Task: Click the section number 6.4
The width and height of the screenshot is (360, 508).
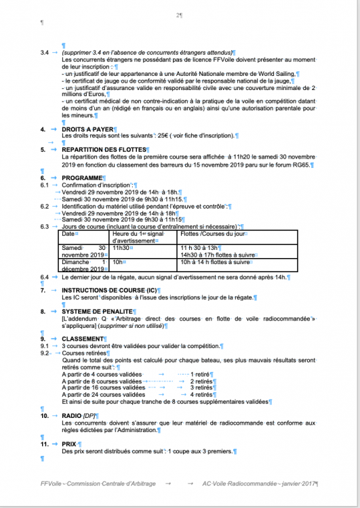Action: tap(44, 277)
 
